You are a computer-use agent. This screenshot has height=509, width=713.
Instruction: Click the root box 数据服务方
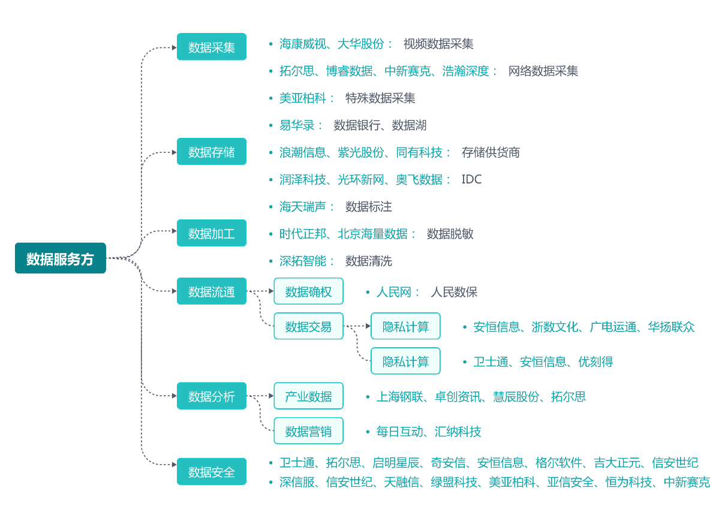click(x=60, y=258)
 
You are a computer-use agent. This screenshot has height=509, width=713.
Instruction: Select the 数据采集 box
click(x=211, y=47)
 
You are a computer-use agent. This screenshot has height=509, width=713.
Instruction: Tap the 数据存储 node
click(x=211, y=152)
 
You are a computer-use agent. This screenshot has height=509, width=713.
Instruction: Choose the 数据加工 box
click(x=211, y=233)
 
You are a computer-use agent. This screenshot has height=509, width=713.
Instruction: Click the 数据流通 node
click(x=211, y=291)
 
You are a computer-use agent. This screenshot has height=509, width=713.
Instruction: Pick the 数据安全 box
click(x=211, y=472)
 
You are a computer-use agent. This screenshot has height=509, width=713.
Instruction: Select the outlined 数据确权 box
click(x=308, y=291)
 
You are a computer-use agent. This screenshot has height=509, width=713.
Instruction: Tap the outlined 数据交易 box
click(x=308, y=326)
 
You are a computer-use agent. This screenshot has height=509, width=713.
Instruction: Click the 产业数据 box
click(x=308, y=396)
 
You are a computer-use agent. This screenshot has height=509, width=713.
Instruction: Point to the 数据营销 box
click(x=308, y=431)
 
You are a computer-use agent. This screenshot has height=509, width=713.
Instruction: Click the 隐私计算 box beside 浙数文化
click(x=405, y=326)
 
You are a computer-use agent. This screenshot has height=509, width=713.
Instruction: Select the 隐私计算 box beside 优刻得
click(x=405, y=361)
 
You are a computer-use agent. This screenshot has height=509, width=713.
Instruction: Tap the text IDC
click(x=471, y=179)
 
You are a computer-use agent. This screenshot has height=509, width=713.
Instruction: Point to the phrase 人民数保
click(x=454, y=292)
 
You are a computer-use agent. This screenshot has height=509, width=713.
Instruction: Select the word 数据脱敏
click(x=450, y=234)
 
